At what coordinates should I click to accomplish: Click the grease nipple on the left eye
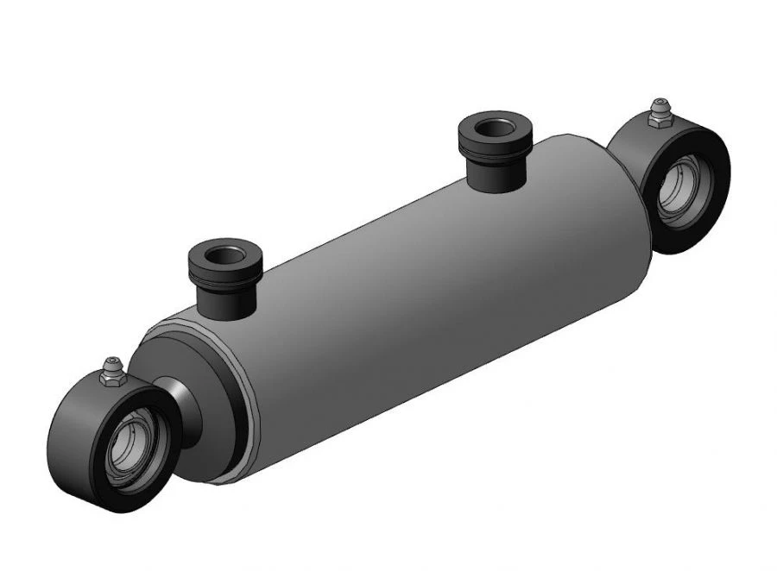pyautogui.click(x=109, y=363)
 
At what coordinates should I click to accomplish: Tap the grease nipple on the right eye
pyautogui.click(x=660, y=108)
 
